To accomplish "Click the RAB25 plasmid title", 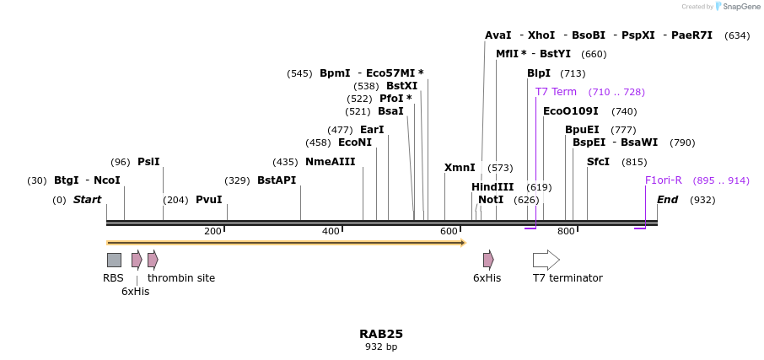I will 381,334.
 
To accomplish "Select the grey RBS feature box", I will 114,260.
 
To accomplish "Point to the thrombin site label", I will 180,278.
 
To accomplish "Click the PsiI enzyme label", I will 148,162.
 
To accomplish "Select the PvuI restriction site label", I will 208,200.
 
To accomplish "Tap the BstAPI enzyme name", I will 277,180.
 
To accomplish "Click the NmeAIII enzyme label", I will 330,162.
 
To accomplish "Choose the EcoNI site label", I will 354,142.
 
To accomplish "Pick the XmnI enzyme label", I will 460,168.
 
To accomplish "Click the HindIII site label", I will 492,187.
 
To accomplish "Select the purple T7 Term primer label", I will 556,92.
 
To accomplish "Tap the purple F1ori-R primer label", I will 663,180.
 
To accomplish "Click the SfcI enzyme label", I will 598,162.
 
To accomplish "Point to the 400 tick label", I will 331,232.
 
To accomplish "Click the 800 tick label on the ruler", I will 566,232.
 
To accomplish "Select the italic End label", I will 668,200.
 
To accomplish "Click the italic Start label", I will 87,200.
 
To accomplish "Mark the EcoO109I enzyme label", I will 570,111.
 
